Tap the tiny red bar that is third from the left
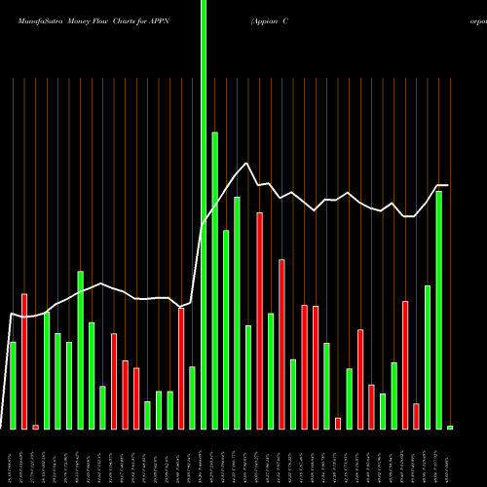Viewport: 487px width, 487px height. tap(36, 427)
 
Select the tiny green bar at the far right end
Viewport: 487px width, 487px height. tap(450, 427)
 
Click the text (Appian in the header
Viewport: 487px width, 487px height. tap(266, 19)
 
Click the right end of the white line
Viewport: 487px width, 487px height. tap(448, 185)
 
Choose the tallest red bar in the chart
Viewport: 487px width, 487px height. tap(260, 320)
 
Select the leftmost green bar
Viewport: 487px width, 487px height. tap(13, 385)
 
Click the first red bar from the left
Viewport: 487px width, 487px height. tap(24, 360)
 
